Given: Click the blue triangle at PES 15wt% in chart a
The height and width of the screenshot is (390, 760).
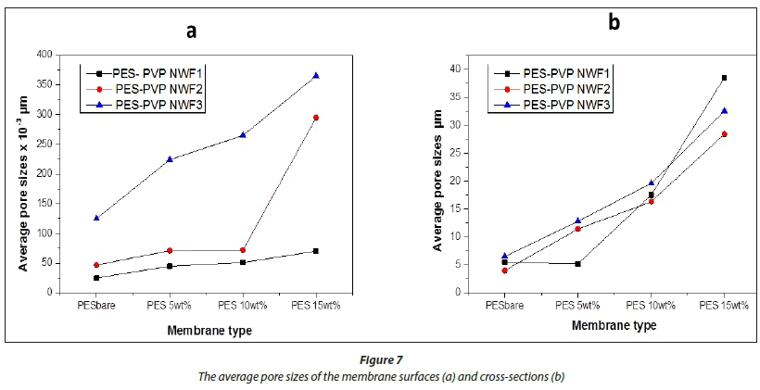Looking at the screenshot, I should coord(316,75).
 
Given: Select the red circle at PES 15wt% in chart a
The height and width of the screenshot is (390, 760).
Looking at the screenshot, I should coord(316,118).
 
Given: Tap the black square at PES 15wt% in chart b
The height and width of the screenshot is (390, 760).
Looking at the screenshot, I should coord(724,78).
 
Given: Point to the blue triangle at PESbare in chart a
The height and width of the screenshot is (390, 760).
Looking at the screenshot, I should coord(96,218).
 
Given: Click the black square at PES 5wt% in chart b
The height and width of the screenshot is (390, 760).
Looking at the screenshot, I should coord(577,264).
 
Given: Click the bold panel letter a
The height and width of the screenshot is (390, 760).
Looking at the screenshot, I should coord(191,30).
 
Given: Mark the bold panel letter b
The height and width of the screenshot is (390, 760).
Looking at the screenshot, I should coord(614,22).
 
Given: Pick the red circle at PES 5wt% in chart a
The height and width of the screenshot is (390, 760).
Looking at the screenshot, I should coord(170,250).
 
